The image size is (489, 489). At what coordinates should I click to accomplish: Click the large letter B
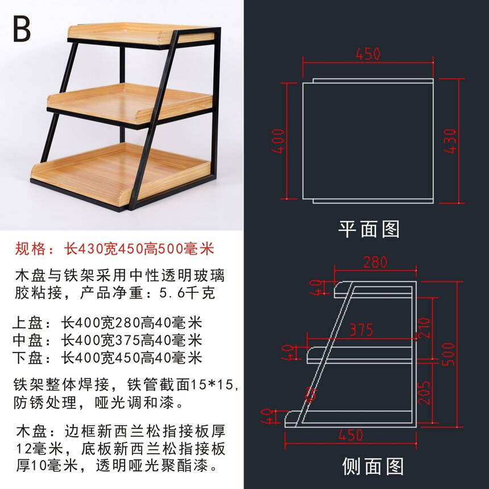tap(22, 28)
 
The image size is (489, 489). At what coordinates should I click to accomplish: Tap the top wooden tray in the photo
tap(140, 34)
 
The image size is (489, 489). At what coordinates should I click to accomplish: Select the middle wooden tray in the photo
tap(130, 103)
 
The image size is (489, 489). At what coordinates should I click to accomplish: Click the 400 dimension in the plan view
tap(278, 141)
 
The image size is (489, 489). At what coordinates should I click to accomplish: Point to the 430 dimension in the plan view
tap(450, 141)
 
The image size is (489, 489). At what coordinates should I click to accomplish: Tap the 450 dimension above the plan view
tap(368, 53)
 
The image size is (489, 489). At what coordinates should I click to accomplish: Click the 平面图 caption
tap(369, 229)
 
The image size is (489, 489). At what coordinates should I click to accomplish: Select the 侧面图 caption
tap(373, 466)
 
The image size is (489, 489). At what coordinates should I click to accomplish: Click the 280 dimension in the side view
tap(375, 262)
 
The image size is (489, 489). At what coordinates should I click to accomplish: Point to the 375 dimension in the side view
tap(361, 330)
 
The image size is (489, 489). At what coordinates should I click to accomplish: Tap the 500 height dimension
tap(449, 354)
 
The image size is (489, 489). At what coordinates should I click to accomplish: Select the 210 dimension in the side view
tap(424, 328)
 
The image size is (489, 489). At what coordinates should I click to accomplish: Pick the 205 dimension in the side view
tap(424, 393)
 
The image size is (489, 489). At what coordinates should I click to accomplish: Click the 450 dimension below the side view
tap(351, 435)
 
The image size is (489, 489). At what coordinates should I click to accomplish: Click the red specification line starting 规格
tap(114, 249)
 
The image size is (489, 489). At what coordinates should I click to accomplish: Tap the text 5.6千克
tap(187, 293)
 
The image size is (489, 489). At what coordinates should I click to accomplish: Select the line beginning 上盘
tap(107, 323)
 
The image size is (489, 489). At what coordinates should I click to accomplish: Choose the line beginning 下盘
tap(107, 358)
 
